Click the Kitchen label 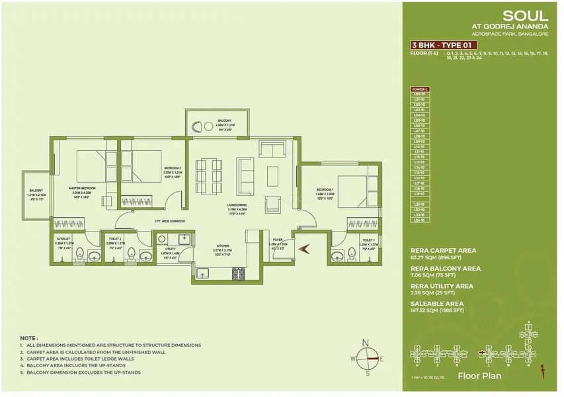223,245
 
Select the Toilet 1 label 368,240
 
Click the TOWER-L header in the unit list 421,89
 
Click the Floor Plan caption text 479,376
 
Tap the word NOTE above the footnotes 28,337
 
